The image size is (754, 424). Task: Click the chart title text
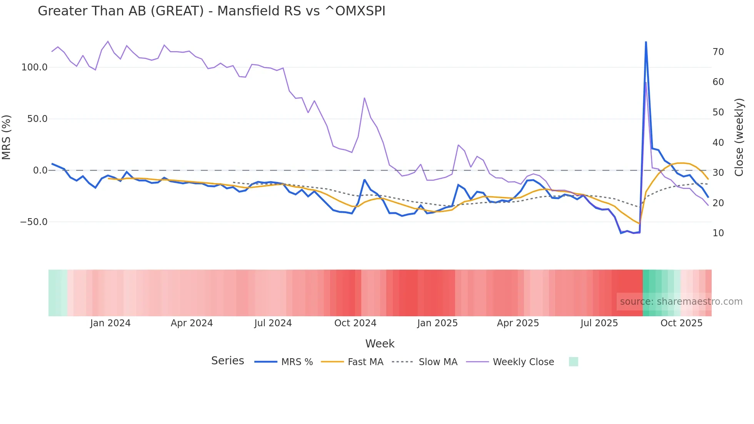[211, 11]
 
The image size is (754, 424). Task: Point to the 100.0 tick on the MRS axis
[34, 67]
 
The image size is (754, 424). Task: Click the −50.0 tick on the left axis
[33, 222]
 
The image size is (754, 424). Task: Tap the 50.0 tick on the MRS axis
[37, 119]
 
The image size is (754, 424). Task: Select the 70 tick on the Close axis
[718, 52]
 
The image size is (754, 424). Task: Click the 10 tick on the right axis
[718, 233]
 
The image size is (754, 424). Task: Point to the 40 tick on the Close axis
[718, 143]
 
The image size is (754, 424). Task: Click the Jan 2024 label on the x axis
[110, 323]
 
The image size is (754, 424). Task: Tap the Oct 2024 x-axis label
[355, 323]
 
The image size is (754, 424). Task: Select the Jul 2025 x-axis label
[599, 323]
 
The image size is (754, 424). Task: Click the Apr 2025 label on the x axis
[518, 323]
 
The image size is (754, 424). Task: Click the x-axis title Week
[380, 344]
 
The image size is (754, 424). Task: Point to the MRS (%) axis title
[7, 137]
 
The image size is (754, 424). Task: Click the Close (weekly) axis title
[739, 137]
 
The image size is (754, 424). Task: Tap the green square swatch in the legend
[573, 362]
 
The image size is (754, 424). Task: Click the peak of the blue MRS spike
[646, 42]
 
